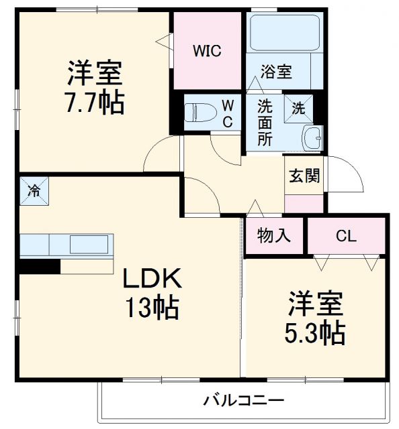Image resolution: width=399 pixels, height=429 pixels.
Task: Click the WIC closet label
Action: click(x=207, y=50)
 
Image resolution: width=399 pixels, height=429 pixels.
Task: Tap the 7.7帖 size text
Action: click(x=95, y=103)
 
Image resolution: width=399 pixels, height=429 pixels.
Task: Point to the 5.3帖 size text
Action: click(x=316, y=330)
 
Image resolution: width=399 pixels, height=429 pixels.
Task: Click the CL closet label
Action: click(x=346, y=236)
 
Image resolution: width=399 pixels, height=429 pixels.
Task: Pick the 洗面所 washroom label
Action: click(x=265, y=123)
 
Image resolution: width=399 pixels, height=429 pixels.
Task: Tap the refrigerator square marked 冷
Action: click(x=33, y=190)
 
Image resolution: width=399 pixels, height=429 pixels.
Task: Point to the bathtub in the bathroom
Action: click(x=284, y=32)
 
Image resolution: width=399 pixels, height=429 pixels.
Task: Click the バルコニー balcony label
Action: click(x=245, y=402)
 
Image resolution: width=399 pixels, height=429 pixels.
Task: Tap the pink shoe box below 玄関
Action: click(x=304, y=204)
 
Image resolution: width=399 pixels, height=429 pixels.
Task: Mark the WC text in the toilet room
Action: click(x=228, y=113)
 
